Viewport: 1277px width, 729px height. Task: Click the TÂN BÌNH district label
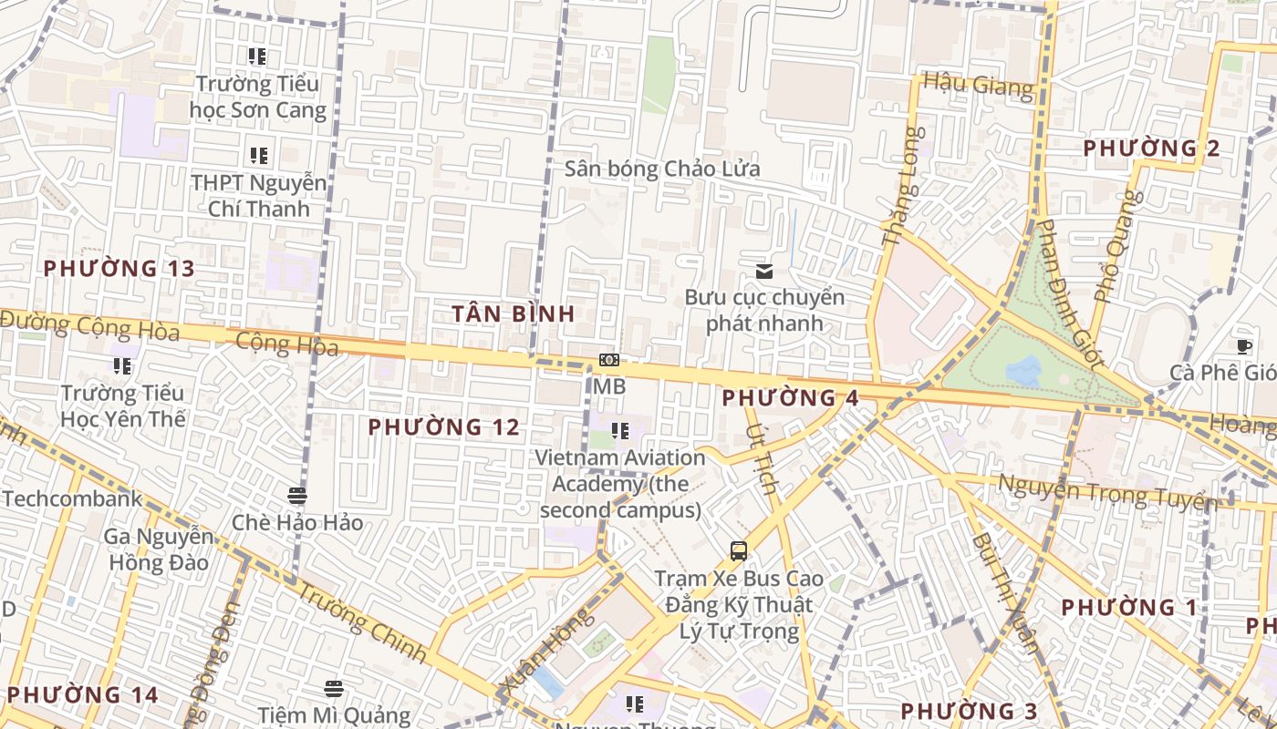[x=514, y=313]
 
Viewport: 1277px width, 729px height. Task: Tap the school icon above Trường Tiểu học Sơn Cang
[x=257, y=56]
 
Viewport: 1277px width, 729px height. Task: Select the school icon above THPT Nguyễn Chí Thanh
[x=258, y=156]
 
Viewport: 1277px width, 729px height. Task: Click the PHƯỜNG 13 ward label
[x=119, y=268]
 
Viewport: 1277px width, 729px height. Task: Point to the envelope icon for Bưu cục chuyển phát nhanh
[x=764, y=271]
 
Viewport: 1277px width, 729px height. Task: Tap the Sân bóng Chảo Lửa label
[x=661, y=169]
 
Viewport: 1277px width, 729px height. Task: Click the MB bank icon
[x=608, y=361]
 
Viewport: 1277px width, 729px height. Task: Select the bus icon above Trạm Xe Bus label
[x=738, y=550]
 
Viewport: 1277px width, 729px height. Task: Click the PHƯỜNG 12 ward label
[x=444, y=426]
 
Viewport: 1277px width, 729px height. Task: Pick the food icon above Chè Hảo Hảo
[x=296, y=496]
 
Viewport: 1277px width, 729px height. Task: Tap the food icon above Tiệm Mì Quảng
[x=334, y=688]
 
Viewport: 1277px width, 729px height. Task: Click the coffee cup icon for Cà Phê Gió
[x=1243, y=345]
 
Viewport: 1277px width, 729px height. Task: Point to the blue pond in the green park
[x=1023, y=370]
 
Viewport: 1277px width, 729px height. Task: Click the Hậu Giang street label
[x=979, y=85]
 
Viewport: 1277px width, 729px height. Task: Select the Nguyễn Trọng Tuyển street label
[x=1107, y=492]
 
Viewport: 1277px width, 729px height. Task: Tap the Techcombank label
[x=72, y=498]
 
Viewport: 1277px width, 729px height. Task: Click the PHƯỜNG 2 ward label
[x=1151, y=148]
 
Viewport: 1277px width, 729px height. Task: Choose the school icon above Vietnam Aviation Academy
[x=619, y=431]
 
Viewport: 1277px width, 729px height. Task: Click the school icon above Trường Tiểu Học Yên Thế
[x=121, y=366]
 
